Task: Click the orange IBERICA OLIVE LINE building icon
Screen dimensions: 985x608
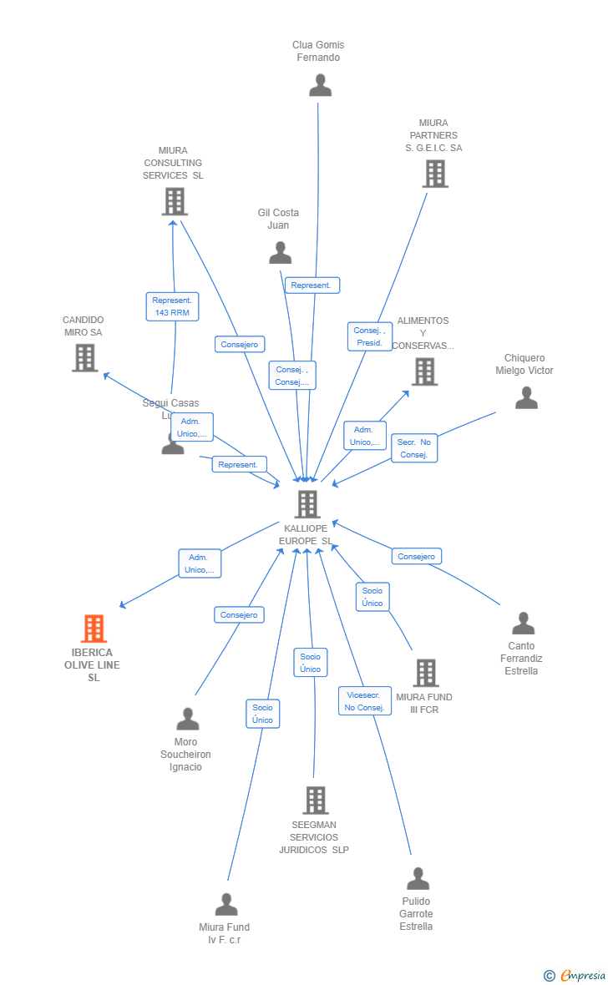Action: pos(94,629)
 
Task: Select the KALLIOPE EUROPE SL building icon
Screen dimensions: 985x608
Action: pos(307,504)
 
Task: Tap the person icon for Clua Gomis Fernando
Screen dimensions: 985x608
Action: pos(320,85)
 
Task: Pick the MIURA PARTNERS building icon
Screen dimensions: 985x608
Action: pos(435,174)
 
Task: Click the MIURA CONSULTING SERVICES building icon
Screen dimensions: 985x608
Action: pos(174,201)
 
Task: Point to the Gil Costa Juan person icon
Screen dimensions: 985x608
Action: pos(280,252)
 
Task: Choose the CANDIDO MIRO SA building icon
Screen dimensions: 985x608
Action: pos(84,357)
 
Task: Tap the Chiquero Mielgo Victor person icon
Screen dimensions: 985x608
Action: pos(526,398)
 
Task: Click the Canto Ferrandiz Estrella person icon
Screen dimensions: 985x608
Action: pos(523,624)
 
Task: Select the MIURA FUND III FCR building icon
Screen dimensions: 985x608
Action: pos(426,673)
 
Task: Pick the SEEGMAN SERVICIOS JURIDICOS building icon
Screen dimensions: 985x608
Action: pos(315,801)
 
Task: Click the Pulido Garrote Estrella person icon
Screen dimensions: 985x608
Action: pos(418,879)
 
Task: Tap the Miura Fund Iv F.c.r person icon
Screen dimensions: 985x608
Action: pos(225,905)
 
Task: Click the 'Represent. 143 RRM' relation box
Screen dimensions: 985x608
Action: pos(172,306)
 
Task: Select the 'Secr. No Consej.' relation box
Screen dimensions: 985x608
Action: pos(413,448)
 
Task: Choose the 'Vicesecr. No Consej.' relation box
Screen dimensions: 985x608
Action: pos(364,701)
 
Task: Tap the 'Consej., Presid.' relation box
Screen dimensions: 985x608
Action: pos(369,336)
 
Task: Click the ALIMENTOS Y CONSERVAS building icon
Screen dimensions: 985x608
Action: pos(424,371)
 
